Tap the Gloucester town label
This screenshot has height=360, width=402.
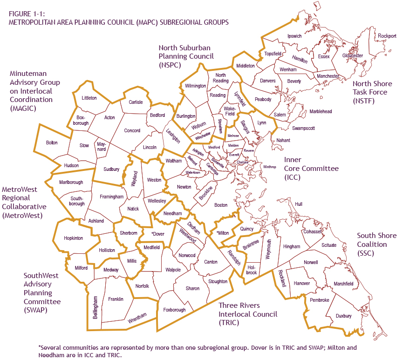(352, 55)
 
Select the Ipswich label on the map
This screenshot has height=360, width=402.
(294, 36)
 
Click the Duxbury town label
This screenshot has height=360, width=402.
(344, 316)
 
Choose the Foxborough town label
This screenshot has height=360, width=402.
(173, 310)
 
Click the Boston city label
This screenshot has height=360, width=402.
(221, 205)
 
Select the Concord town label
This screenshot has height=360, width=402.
(132, 131)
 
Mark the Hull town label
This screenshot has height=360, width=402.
(299, 204)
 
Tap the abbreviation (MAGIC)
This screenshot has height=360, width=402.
(22, 108)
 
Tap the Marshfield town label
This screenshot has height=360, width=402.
(343, 284)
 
